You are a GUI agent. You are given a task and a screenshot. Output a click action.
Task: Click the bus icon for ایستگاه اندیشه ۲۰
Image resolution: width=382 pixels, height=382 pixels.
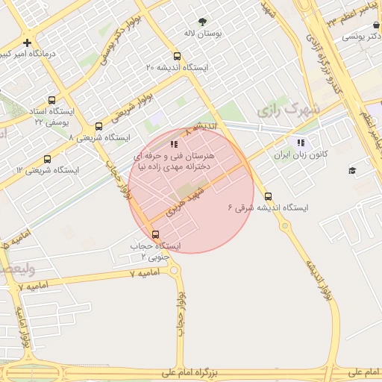[x=177, y=56]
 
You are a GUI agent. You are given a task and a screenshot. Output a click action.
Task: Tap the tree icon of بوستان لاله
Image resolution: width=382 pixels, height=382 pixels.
[x=204, y=21]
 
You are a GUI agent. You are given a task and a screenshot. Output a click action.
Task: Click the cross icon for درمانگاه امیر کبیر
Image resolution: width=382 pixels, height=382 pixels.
[x=27, y=43]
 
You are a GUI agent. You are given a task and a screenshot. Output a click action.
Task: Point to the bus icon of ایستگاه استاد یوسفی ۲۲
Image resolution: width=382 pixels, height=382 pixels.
[x=51, y=100]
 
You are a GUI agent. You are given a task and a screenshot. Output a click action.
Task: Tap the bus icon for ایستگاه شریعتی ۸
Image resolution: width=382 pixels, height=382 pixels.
[x=98, y=127]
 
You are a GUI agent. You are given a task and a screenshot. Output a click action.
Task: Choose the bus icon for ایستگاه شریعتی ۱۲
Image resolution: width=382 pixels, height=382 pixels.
[x=48, y=159]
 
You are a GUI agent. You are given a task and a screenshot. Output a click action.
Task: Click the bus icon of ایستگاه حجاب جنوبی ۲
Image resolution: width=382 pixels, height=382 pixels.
[x=155, y=234]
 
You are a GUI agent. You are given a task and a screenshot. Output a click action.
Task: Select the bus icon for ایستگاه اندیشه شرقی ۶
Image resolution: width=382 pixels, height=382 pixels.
[x=268, y=197]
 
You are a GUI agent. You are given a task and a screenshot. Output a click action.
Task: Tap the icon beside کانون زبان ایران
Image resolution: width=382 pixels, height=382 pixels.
[x=300, y=143]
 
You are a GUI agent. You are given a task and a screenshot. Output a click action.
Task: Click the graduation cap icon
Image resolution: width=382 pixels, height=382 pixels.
[x=352, y=171]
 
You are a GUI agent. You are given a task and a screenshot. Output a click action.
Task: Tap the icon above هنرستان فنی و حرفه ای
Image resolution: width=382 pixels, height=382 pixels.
[x=174, y=144]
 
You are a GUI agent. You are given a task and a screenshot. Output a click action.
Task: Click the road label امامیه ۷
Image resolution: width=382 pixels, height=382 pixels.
[x=144, y=274]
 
